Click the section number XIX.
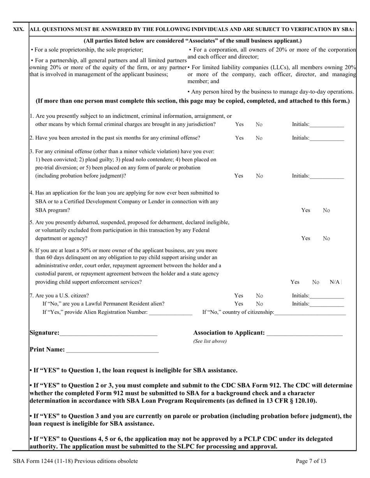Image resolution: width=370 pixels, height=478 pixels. point(19,30)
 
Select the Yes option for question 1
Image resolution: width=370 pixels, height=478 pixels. point(239,124)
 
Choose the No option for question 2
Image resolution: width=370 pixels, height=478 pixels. point(259,138)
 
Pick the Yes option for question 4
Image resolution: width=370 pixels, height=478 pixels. point(306,210)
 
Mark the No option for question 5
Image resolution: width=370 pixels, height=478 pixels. point(326,238)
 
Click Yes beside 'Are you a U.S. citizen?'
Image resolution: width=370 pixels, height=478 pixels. point(239,296)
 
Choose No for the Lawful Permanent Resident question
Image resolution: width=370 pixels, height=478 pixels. point(259,304)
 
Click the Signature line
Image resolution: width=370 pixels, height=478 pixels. point(109,333)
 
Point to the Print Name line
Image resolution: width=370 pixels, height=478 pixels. point(113,350)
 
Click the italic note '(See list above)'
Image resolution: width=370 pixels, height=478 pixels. point(210,342)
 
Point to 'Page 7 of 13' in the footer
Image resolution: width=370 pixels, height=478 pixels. point(311,461)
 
